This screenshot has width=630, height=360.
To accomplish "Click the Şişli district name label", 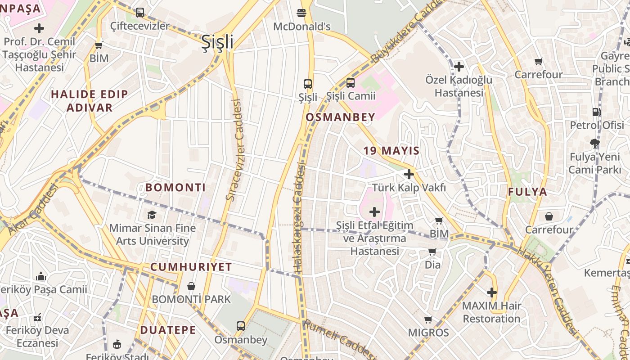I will pos(217,42).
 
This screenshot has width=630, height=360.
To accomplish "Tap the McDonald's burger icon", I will pos(301,13).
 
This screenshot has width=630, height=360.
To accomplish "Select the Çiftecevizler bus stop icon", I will pos(140,13).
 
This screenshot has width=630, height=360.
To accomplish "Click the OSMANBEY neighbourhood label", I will pos(340,117).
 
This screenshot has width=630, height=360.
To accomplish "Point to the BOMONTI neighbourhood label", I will pos(175,188).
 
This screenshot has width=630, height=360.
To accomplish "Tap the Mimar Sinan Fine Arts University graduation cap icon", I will pos(152,215).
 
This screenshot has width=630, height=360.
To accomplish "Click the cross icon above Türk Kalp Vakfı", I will pos(409,174).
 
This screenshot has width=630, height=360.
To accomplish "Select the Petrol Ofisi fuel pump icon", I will pos(596,112).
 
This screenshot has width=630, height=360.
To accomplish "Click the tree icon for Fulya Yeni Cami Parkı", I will pos(595,144).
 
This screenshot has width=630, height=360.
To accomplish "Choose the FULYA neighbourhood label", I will pos(528,192).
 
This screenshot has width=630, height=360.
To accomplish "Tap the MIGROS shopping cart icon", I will pos(428,320).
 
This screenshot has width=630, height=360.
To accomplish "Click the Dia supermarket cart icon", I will pos(432,252).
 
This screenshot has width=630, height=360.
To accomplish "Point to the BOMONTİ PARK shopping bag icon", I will pos(191,286).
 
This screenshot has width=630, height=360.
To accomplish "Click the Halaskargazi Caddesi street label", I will pos(298,218).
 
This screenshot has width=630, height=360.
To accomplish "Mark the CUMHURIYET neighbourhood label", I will pos(191,267).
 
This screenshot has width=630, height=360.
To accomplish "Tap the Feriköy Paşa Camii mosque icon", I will pos(41,276).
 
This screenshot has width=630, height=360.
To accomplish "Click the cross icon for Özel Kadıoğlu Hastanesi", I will pos(459,67).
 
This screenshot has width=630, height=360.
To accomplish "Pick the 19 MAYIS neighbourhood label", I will pos(391,151).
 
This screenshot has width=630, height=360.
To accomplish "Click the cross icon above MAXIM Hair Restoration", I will pos(492,292).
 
